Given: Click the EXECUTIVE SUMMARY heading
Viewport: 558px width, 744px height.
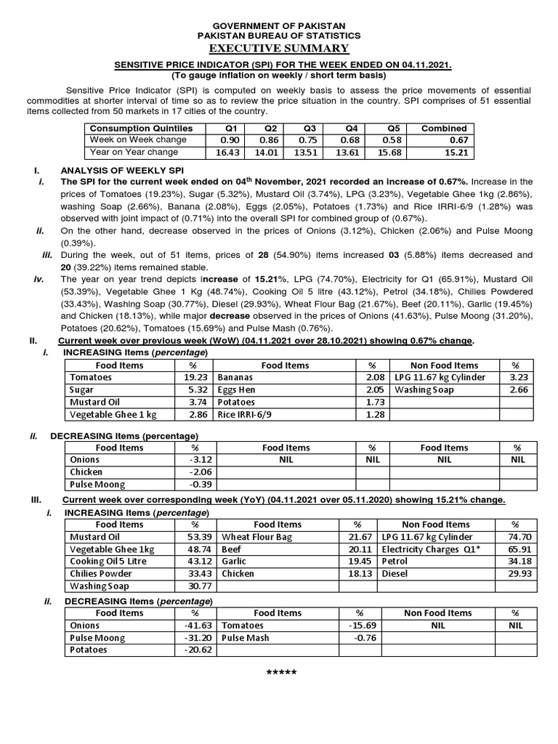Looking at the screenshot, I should click(x=279, y=48).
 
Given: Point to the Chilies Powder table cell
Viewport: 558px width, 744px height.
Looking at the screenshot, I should click(x=102, y=573).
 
